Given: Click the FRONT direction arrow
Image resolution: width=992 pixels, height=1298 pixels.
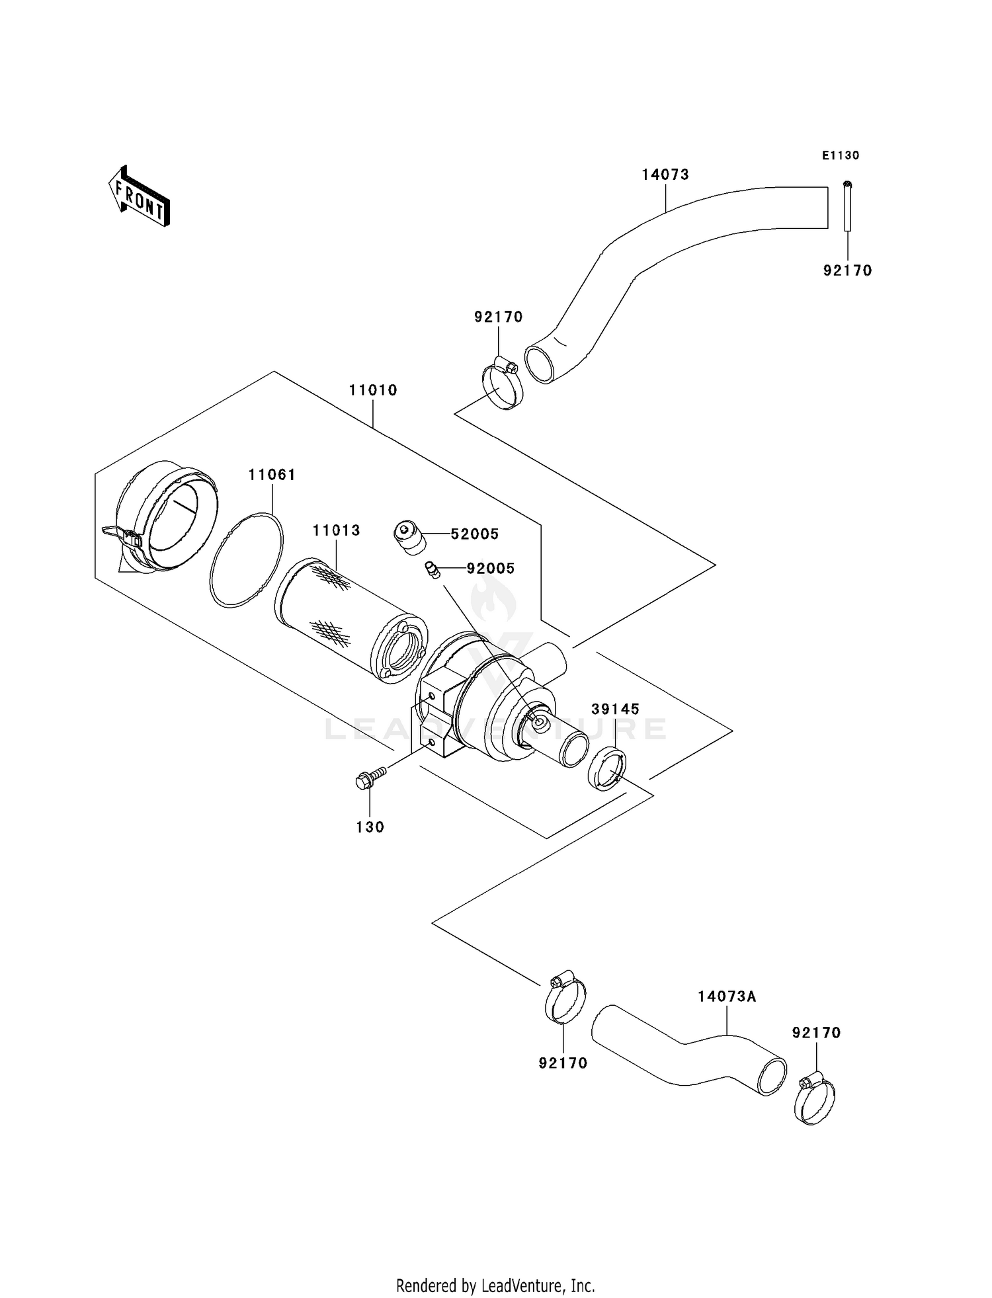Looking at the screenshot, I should tap(140, 196).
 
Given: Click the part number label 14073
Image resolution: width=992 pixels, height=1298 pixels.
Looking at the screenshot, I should tap(665, 175).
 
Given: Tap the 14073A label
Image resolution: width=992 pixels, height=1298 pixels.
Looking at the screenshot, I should tap(727, 997).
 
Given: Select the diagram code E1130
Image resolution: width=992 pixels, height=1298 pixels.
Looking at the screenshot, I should tap(841, 156).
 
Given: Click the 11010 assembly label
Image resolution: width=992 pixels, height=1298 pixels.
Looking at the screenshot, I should tap(373, 390).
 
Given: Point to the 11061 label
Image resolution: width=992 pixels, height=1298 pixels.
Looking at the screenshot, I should tap(272, 475).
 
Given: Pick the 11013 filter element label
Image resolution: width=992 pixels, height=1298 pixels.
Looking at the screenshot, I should tap(336, 530).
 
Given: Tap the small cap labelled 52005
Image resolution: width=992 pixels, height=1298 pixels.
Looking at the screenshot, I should tap(409, 538).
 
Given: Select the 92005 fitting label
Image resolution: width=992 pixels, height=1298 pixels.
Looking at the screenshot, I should tap(490, 569).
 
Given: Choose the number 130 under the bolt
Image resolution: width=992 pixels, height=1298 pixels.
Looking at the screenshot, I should tap(370, 827).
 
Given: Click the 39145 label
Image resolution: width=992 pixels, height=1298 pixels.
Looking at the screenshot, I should tap(615, 709).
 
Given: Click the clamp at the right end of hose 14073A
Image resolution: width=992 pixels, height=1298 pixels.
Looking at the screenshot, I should tap(814, 1100).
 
